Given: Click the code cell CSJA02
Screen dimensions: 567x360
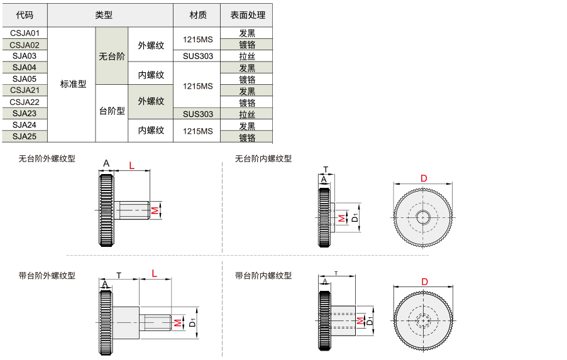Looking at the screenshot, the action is point(25,45).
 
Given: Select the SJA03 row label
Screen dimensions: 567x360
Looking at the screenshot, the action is point(25,56).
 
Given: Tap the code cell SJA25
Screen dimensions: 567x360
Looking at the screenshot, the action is point(25,136).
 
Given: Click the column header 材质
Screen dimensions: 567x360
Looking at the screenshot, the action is point(197,15).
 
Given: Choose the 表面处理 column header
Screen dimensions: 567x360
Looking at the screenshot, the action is point(247,15).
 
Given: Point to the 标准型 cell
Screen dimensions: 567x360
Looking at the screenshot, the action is point(73,84).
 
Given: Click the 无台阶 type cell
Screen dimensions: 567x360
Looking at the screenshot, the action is point(112,56).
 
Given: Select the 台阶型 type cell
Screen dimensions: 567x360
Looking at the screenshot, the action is point(112,111).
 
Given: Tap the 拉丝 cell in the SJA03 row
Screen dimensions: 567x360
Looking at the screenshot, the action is point(247,56).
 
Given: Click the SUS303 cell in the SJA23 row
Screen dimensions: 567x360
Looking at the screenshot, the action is point(197,114).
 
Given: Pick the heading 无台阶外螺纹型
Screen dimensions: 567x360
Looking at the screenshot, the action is point(47,159).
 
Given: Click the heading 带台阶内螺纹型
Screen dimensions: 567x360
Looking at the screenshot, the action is point(263,276).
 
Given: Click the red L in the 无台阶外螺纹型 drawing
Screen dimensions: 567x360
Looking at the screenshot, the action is point(131,165).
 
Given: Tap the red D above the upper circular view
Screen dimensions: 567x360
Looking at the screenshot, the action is point(424,178).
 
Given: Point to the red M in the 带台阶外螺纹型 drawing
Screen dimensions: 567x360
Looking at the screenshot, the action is point(177,322).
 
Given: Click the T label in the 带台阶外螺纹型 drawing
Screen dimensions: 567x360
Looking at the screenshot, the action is point(119,275).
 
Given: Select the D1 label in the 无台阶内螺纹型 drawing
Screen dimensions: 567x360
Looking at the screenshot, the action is point(355,217).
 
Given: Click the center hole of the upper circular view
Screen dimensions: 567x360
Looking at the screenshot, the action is point(422,217).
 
